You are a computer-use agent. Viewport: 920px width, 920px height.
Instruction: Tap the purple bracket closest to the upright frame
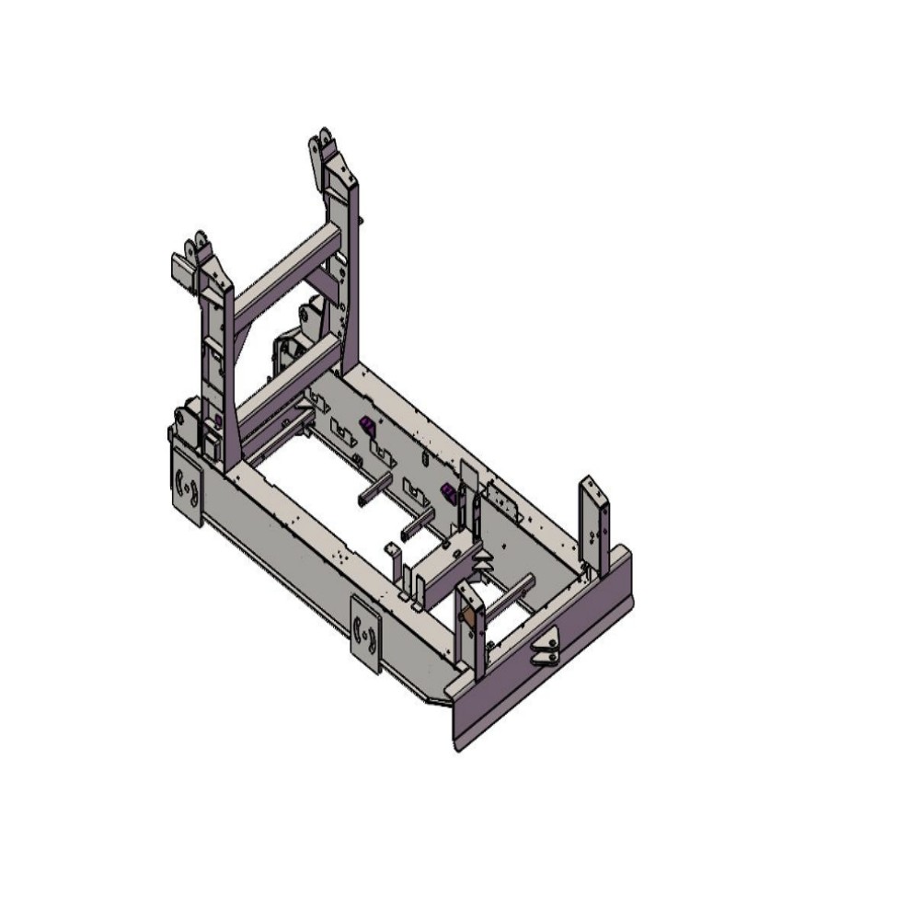366,425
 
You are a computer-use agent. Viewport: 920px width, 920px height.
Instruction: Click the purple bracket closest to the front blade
449,493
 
